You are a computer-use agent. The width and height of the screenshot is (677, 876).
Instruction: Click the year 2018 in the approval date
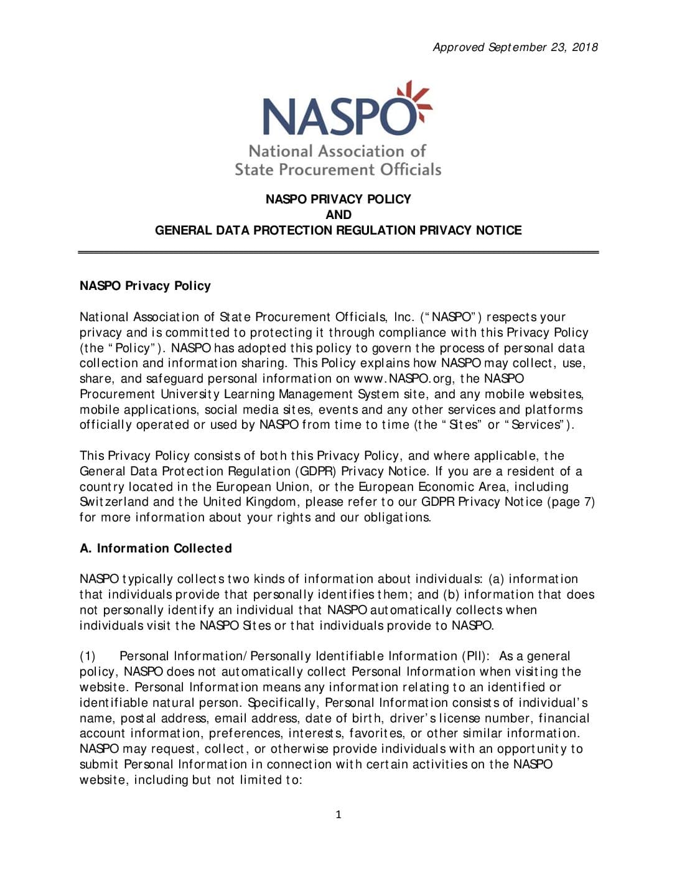(584, 47)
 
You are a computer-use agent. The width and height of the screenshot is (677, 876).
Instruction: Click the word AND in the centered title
(338, 215)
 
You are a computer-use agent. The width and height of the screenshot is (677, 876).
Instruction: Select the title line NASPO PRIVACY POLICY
(338, 199)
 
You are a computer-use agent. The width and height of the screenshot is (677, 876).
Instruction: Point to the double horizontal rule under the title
(338, 252)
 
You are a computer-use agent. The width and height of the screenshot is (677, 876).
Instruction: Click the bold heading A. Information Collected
(156, 548)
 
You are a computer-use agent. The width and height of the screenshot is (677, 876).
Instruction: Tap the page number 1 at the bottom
(338, 814)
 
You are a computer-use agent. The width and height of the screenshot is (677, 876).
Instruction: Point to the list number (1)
(88, 656)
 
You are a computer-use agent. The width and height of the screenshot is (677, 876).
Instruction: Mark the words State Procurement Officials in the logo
(338, 169)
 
